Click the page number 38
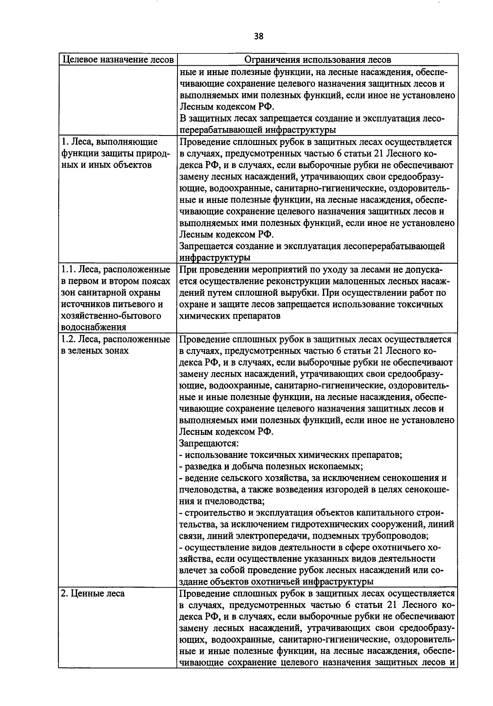(258, 37)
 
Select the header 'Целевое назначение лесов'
(117, 60)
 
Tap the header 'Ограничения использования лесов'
(317, 60)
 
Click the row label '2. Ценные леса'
(93, 594)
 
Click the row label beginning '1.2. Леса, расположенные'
(115, 340)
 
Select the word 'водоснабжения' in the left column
(93, 327)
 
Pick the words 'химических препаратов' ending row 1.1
(230, 316)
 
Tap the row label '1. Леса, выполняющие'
(109, 142)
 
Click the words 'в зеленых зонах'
(94, 351)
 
